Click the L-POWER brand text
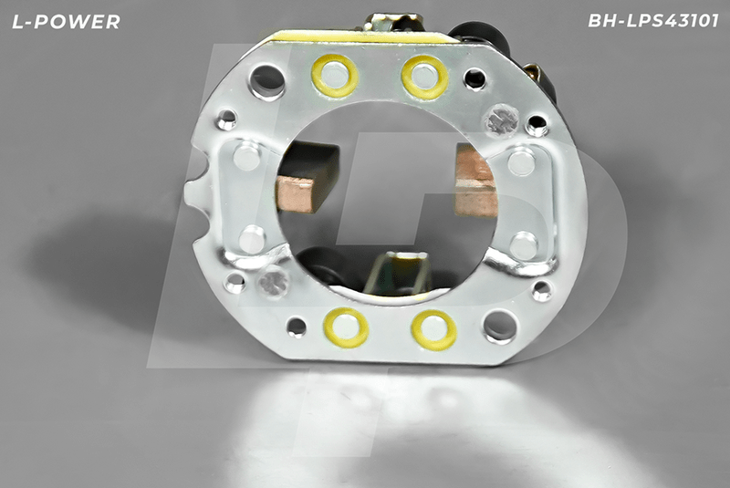click(x=66, y=21)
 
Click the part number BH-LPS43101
click(x=653, y=21)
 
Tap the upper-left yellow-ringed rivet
click(x=334, y=76)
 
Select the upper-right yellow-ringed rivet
click(x=424, y=78)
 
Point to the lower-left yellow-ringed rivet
click(x=346, y=327)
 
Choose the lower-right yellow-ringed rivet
click(x=433, y=330)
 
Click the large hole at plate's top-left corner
click(x=267, y=82)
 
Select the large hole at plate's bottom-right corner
click(x=499, y=327)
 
